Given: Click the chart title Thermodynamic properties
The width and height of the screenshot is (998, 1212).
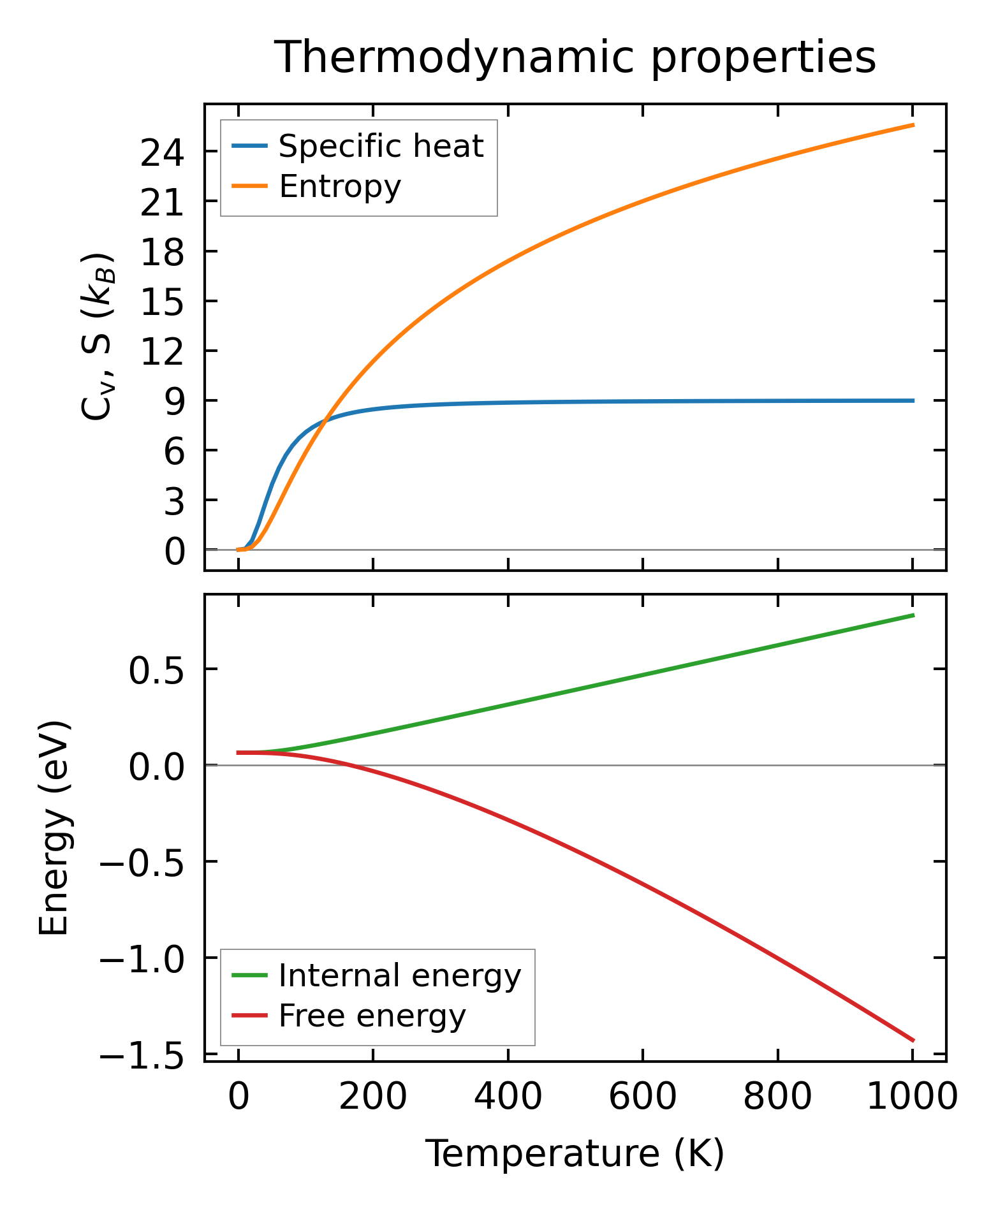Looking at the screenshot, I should tap(575, 57).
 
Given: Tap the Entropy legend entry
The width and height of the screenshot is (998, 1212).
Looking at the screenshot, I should tap(340, 187).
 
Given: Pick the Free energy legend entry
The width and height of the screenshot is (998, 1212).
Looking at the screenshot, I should tap(372, 1016).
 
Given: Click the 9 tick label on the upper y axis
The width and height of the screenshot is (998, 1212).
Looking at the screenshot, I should tap(174, 402).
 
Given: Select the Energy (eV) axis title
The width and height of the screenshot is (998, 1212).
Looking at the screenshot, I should tap(54, 829).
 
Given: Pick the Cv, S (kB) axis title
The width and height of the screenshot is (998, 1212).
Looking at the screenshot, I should tap(97, 337).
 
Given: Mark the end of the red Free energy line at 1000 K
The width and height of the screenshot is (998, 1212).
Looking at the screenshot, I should tap(913, 1040).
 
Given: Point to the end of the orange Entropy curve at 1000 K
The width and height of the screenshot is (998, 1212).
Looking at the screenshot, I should tap(913, 125).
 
